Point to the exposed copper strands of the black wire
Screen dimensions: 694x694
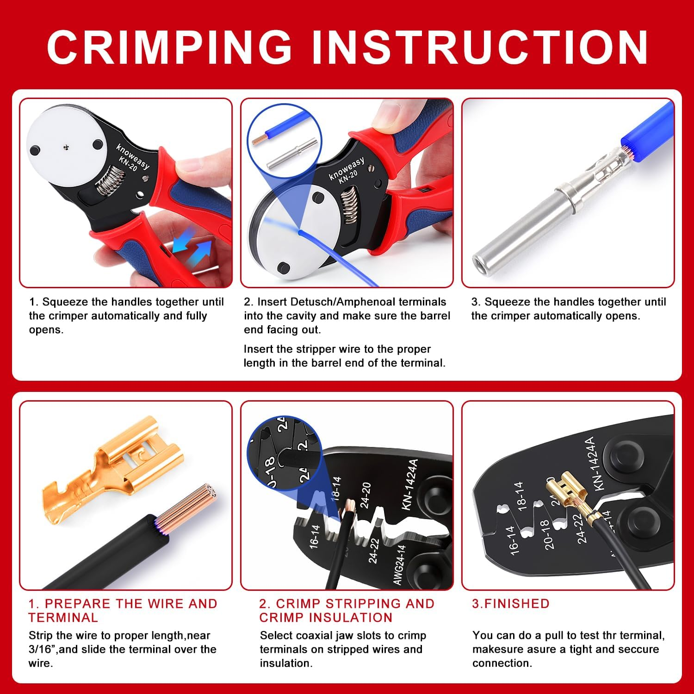click(x=190, y=509)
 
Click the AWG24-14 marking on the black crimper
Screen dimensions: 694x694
click(x=400, y=565)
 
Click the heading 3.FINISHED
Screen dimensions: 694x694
click(x=510, y=604)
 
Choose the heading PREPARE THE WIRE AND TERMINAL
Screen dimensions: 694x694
click(x=123, y=610)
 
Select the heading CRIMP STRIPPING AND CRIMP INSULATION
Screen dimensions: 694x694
click(x=347, y=610)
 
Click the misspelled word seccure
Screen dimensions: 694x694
click(x=635, y=649)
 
